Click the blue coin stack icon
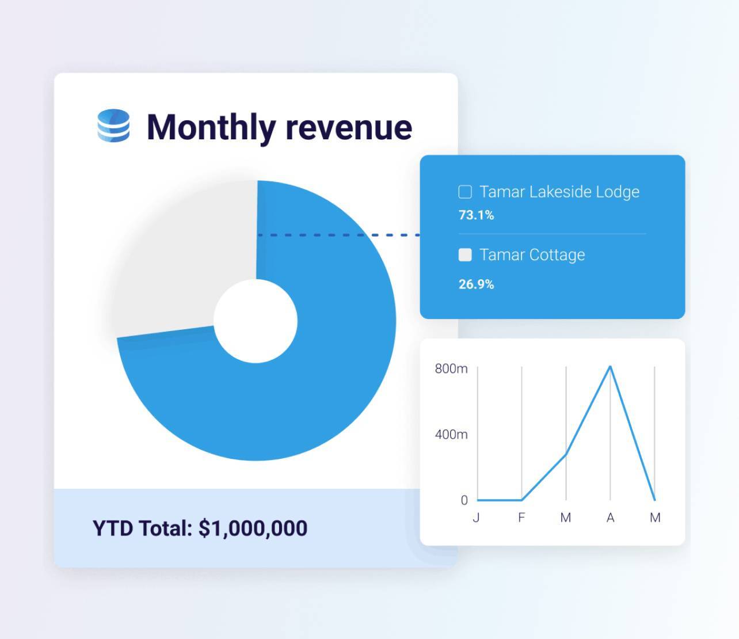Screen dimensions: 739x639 [113, 126]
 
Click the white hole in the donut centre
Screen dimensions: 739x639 [256, 321]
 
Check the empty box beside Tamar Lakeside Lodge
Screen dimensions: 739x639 [465, 192]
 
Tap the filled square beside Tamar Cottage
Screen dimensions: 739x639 [465, 255]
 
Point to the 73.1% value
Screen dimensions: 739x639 [476, 215]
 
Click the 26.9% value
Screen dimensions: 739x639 [476, 284]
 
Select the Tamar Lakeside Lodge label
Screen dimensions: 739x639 [559, 192]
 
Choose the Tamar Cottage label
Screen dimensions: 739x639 [532, 255]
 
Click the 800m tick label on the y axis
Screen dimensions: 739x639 [451, 368]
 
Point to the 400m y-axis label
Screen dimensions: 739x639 [451, 435]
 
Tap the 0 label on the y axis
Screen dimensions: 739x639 [464, 500]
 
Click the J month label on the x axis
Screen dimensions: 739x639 [476, 518]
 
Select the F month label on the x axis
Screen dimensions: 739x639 [521, 518]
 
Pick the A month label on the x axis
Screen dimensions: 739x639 [610, 518]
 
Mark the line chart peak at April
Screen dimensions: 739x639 [610, 367]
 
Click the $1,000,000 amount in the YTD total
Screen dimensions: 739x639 [253, 528]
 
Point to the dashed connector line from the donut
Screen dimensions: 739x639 [338, 235]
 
